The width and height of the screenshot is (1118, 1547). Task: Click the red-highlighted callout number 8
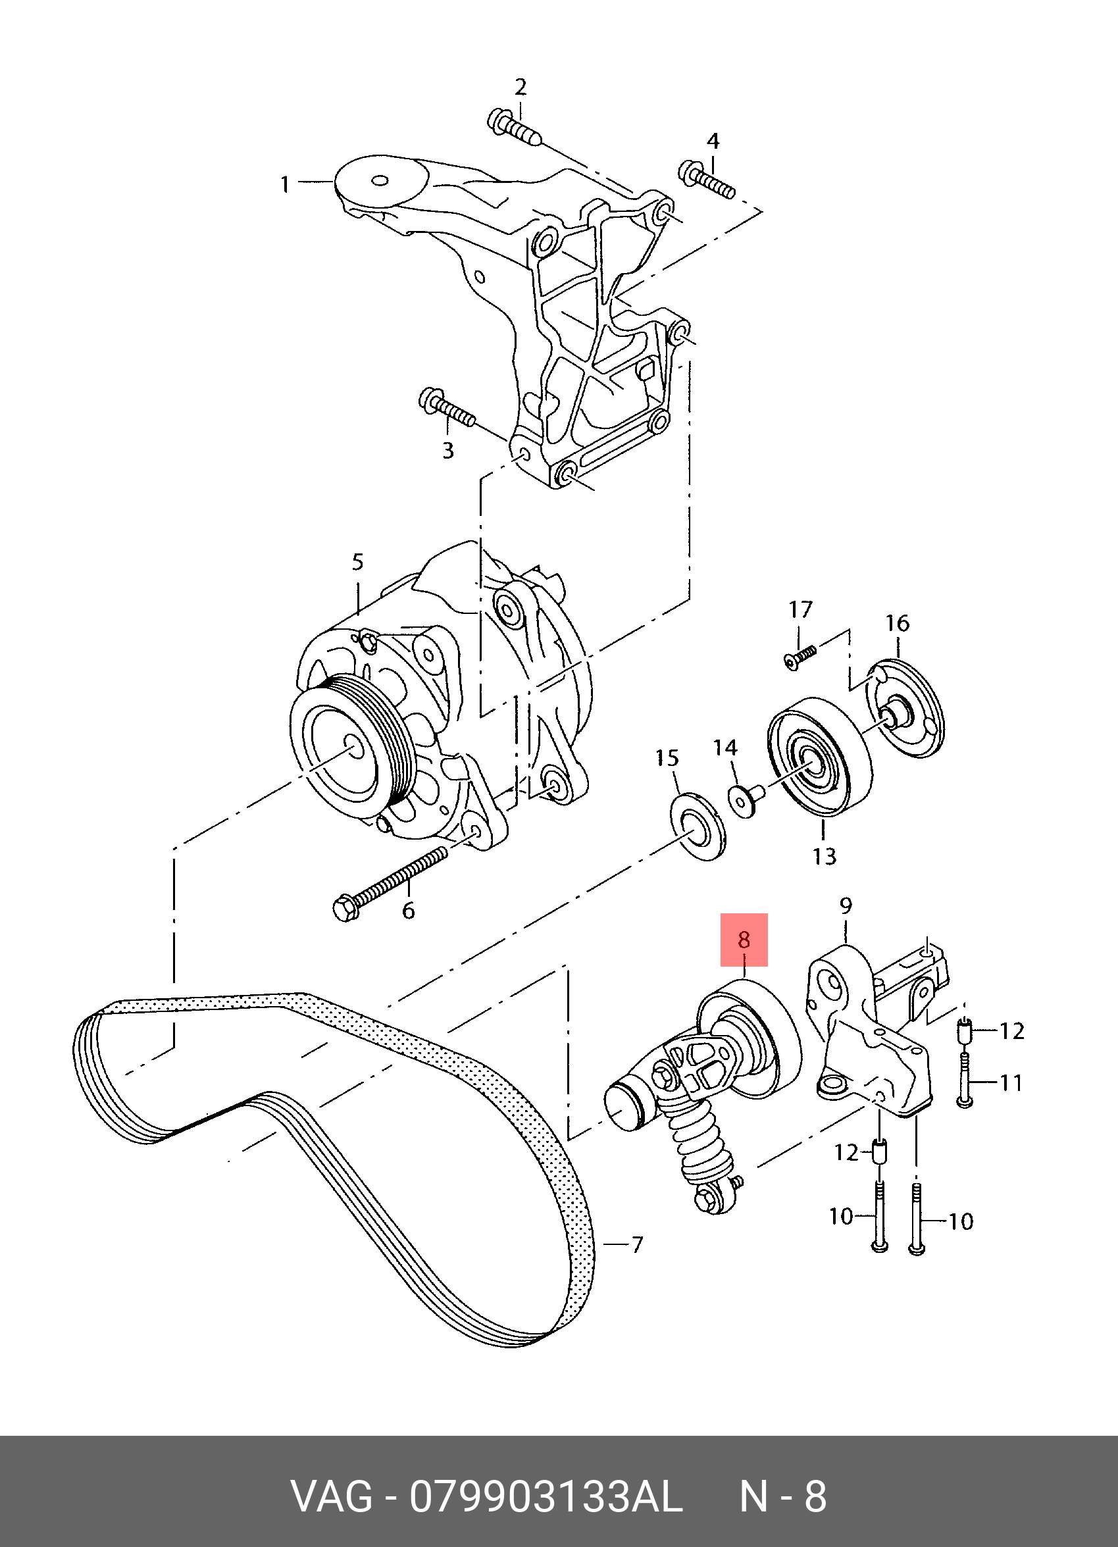click(744, 940)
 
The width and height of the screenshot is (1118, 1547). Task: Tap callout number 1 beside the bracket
click(285, 184)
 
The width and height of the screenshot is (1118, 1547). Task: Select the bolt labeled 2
click(514, 129)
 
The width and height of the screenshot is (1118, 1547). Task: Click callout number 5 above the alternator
click(358, 562)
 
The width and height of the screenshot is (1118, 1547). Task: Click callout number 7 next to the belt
click(636, 1245)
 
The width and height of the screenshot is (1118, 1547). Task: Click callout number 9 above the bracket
click(846, 906)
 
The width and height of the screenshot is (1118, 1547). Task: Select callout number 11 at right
click(1011, 1082)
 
